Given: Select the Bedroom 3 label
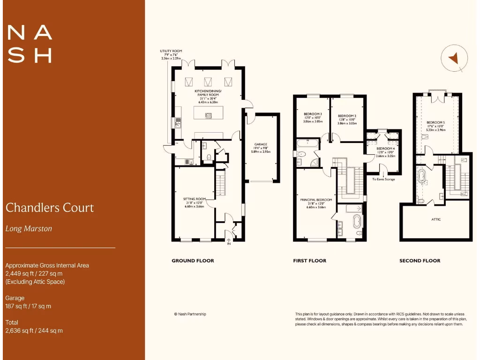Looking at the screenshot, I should click(312, 117).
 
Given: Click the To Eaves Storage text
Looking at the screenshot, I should click(383, 179).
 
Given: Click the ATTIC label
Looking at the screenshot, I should click(435, 219).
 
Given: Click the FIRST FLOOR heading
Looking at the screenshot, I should click(309, 261).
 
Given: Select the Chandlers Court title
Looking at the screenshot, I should click(50, 208).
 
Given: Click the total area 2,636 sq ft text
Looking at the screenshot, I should click(34, 330).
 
